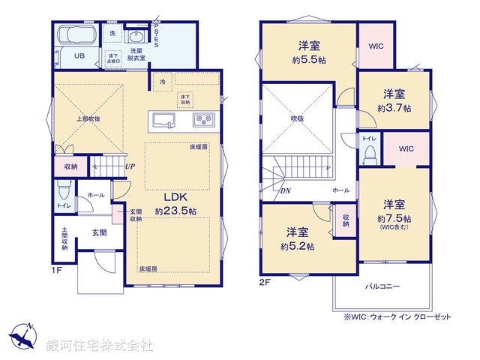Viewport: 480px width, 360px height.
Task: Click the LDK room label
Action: point(175,197)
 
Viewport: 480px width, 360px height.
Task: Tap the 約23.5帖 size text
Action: point(175,211)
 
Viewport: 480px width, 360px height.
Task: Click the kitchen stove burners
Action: point(205,119)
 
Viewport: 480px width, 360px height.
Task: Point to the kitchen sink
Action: point(162,119)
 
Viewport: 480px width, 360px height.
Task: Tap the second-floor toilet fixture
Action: point(369,153)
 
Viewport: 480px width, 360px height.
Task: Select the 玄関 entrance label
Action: point(100,233)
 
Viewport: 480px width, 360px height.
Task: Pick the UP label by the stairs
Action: point(130,166)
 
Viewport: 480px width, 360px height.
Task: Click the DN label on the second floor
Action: point(286,190)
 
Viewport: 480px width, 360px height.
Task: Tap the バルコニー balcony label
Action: point(382,287)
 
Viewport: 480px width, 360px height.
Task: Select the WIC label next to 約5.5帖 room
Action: point(376,46)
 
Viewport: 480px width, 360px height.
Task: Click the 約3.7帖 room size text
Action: point(394,108)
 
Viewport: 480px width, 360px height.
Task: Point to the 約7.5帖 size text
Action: point(394,217)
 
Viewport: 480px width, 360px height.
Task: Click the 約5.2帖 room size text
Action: point(298,246)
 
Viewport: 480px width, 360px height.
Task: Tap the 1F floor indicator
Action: point(57,270)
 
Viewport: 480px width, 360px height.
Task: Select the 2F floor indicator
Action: point(264,283)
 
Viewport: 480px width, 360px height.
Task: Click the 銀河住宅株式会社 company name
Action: point(100,346)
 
